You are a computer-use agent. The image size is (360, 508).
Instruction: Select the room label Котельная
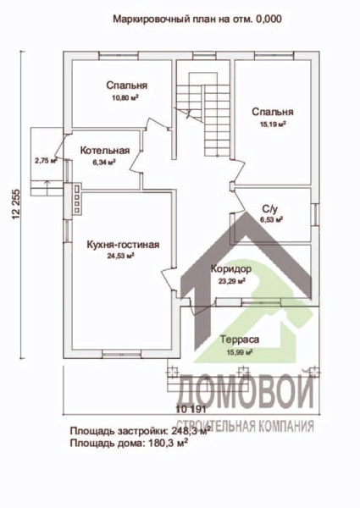[x=105, y=151]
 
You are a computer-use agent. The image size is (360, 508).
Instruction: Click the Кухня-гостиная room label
[x=124, y=245]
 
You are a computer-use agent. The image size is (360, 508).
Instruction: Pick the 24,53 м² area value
[x=124, y=256]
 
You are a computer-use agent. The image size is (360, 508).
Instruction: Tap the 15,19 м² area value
[x=273, y=123]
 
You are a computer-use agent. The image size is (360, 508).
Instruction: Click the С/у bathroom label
[x=270, y=207]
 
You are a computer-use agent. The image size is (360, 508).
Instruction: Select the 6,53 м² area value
[x=270, y=218]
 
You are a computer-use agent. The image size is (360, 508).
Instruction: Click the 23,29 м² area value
[x=230, y=279]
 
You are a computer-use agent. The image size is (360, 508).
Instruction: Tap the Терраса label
[x=240, y=339]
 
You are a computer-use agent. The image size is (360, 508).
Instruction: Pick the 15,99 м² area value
[x=240, y=351]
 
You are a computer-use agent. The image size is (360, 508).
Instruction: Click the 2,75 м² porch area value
[x=46, y=159]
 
